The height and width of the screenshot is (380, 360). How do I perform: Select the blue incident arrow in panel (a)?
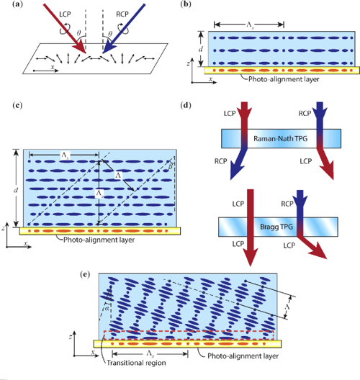123,29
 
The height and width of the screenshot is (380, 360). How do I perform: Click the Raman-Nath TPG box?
276,137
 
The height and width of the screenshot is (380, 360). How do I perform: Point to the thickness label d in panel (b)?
199,49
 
